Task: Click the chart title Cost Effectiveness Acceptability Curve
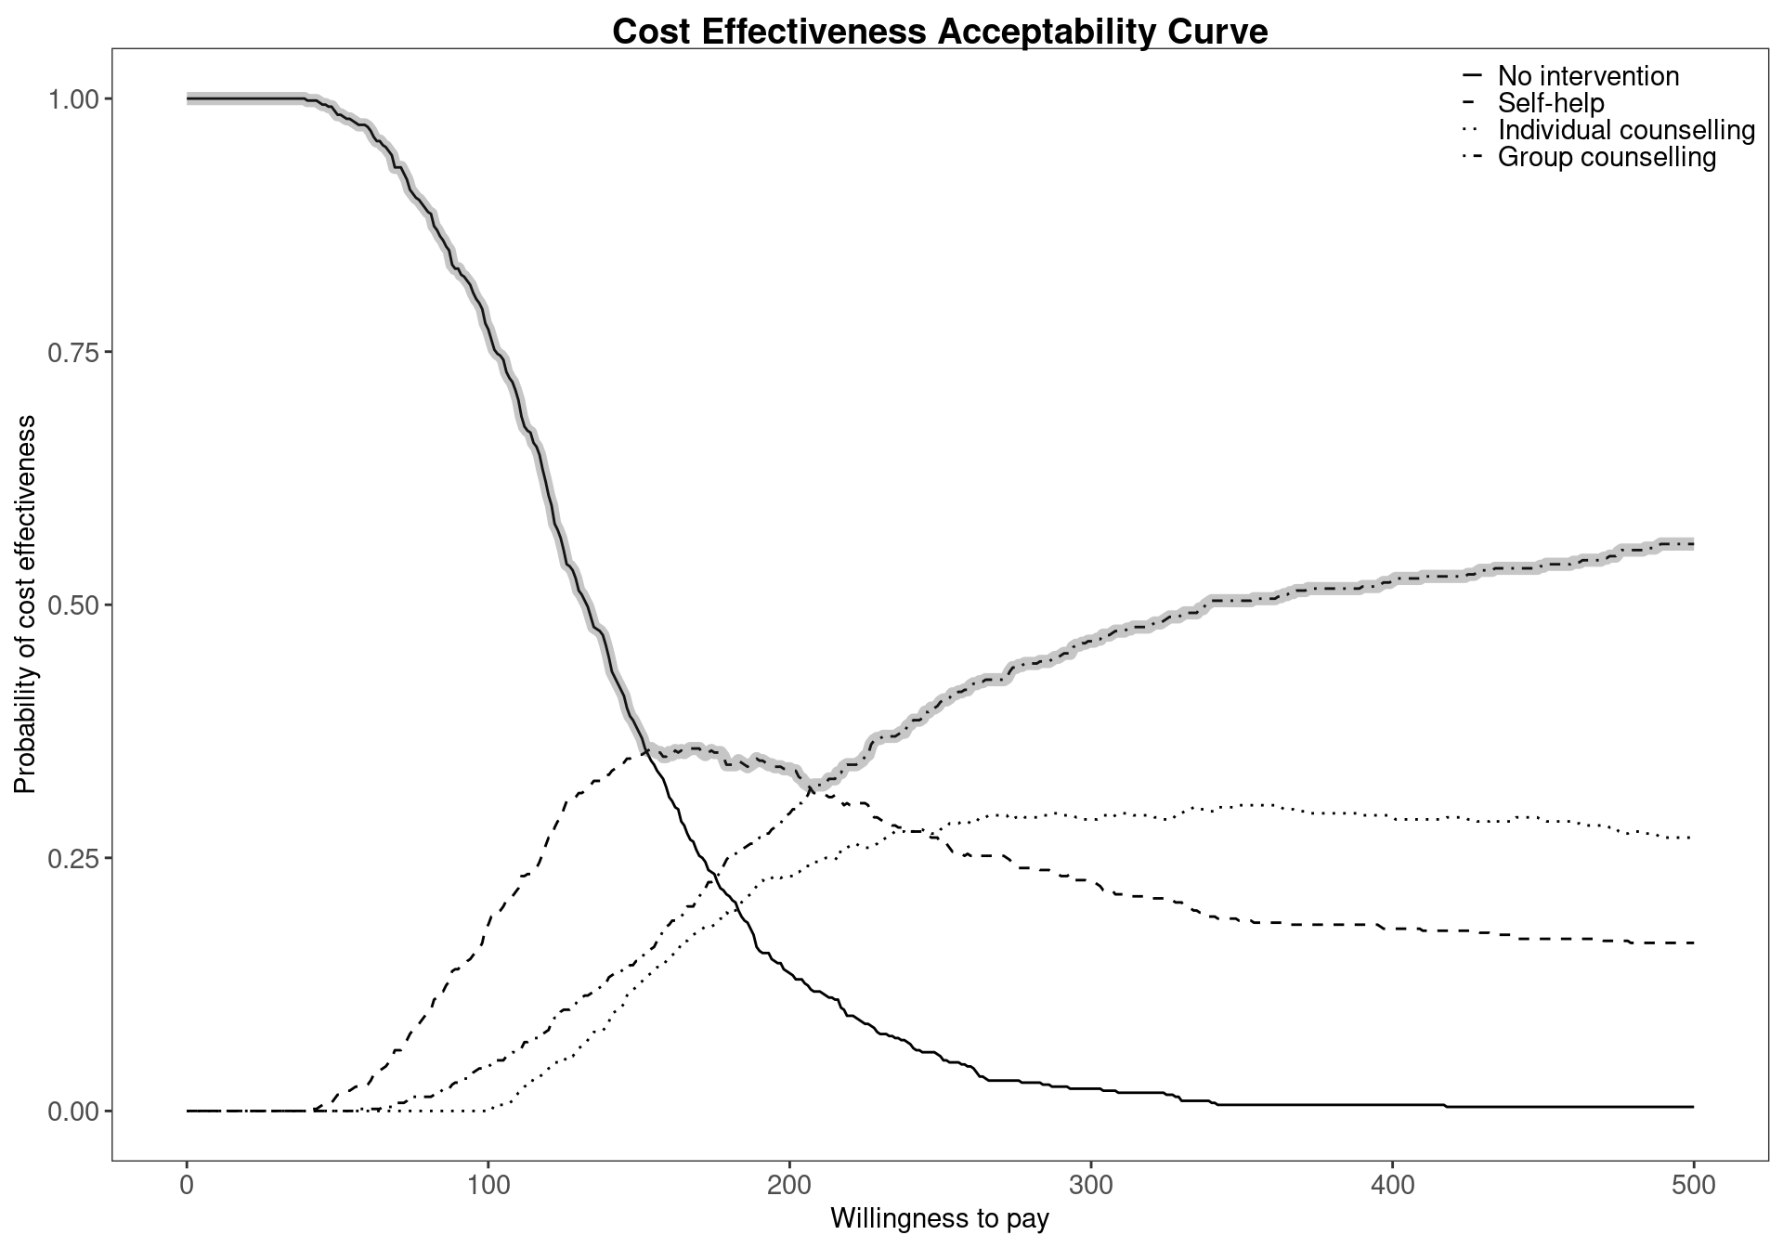[940, 32]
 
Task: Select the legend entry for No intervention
[1588, 76]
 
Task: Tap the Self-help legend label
[1551, 103]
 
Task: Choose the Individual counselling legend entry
[1626, 130]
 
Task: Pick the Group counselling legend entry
[1607, 157]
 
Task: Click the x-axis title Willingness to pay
[940, 1219]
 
